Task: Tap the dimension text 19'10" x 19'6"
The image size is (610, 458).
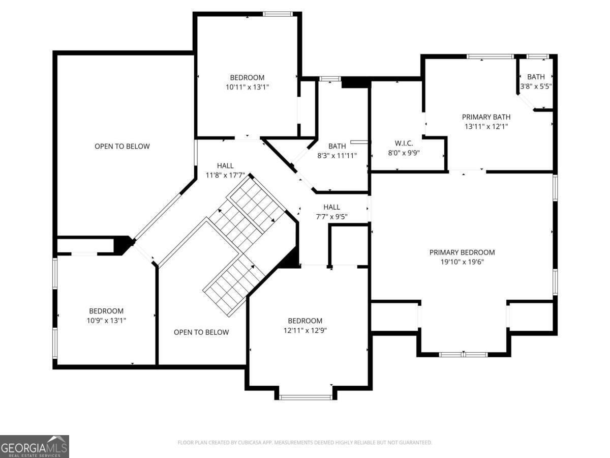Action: click(462, 262)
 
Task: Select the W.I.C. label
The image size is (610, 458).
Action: click(404, 143)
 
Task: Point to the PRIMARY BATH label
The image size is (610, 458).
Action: click(486, 117)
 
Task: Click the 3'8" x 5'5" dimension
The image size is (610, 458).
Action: click(536, 86)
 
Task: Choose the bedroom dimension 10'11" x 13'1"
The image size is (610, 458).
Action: click(247, 87)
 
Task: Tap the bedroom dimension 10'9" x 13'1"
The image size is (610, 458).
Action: click(106, 321)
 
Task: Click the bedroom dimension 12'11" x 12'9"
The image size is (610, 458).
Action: click(305, 330)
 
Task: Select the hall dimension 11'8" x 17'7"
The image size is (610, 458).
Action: click(225, 175)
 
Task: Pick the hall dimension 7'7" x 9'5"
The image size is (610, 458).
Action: click(331, 217)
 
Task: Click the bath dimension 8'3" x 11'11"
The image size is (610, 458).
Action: click(337, 155)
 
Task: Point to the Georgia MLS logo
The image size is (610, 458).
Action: click(35, 447)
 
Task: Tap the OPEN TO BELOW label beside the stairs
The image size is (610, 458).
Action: click(201, 332)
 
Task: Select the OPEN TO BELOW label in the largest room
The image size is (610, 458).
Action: click(122, 146)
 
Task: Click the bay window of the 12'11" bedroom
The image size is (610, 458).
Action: click(306, 397)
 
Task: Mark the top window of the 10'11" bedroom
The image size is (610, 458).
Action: click(278, 14)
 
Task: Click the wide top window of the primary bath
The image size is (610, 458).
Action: click(490, 56)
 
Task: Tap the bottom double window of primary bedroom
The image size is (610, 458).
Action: click(463, 355)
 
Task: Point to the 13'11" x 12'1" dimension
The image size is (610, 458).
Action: click(486, 127)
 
